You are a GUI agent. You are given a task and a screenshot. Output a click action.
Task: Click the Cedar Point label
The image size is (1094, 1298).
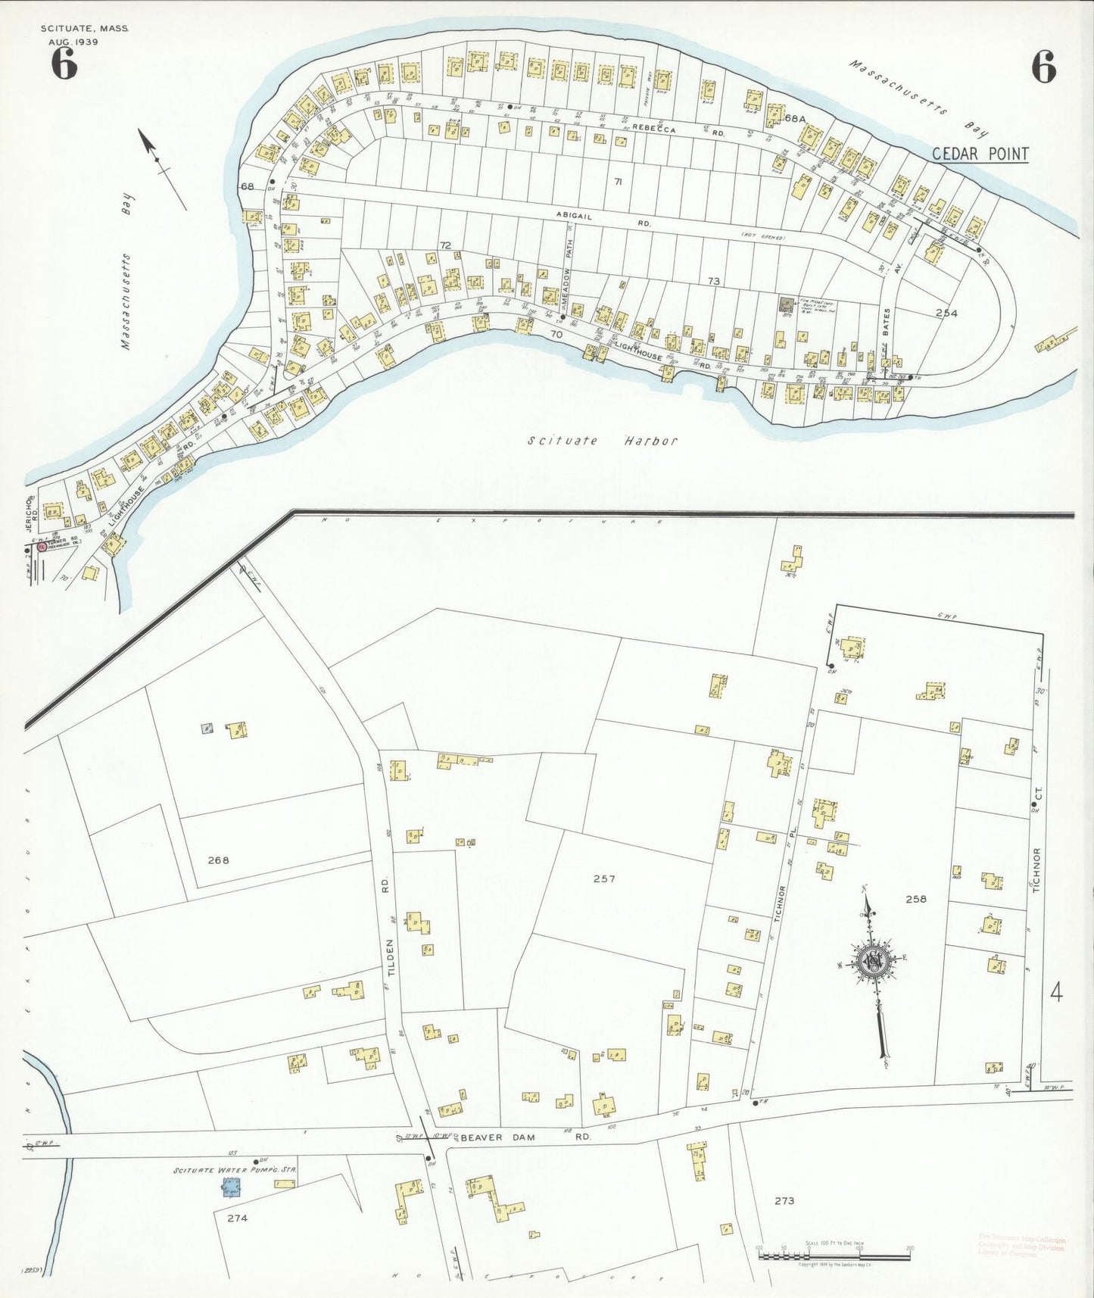980,154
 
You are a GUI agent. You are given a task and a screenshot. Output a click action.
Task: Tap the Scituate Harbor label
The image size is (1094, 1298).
603,441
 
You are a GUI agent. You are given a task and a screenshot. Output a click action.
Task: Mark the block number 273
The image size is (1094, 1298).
784,1200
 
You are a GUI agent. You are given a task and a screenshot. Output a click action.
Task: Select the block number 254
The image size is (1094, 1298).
946,313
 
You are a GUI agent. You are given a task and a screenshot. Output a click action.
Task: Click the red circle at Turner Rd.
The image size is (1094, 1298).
42,546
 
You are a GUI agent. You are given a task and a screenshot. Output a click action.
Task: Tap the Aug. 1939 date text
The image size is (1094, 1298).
74,42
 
